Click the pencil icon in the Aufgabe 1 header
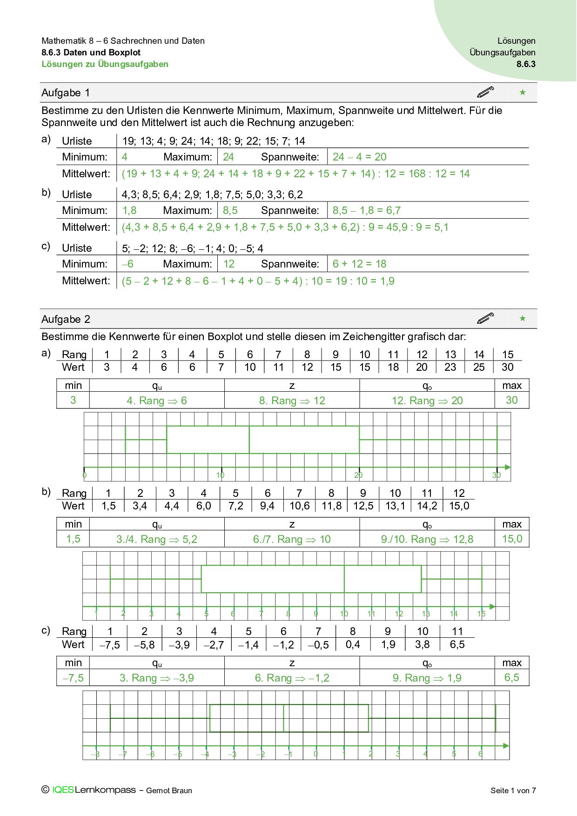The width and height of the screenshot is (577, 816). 485,92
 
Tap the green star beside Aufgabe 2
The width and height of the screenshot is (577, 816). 523,319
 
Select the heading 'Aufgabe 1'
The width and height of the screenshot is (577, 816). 66,93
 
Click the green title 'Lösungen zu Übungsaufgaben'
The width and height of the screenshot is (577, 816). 105,64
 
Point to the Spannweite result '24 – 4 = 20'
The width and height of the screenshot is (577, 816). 359,157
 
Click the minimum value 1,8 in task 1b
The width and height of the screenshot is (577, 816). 129,210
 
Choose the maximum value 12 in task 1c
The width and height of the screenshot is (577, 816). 229,264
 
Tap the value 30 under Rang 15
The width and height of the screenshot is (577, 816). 507,367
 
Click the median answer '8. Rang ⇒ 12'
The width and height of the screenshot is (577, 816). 292,401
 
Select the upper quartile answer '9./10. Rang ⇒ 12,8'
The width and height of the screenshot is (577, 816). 427,539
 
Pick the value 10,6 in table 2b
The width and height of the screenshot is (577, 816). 299,506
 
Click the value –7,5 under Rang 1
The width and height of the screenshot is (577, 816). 110,645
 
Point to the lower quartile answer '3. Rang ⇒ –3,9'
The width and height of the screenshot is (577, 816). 157,678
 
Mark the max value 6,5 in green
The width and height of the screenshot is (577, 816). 511,677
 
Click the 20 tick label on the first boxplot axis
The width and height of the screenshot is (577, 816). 358,475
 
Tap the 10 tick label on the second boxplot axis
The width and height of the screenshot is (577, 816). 344,614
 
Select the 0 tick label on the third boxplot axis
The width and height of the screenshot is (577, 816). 316,754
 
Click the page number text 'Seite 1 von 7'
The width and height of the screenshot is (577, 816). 513,790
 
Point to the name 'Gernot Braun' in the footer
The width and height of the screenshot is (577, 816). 169,790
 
